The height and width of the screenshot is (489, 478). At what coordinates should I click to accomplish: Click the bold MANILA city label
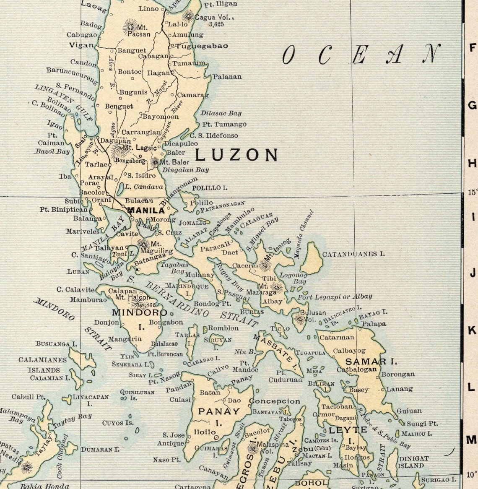(145, 210)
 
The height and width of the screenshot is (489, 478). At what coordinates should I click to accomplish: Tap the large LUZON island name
(236, 155)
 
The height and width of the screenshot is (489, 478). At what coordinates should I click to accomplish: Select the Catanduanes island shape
(312, 258)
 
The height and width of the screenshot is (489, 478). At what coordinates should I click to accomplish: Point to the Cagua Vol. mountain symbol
(188, 16)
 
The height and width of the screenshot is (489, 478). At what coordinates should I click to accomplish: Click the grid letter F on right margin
(472, 47)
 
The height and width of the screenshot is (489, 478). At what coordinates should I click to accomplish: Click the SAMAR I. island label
(371, 361)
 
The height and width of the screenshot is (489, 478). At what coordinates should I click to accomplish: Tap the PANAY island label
(219, 411)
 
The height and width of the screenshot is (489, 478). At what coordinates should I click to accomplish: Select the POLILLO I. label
(210, 188)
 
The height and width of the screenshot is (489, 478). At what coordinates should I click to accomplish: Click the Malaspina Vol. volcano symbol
(252, 448)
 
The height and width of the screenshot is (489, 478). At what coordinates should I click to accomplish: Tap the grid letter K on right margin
(472, 330)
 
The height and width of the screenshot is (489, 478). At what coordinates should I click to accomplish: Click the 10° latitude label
(471, 475)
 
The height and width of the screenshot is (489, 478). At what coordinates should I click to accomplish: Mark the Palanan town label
(227, 77)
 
